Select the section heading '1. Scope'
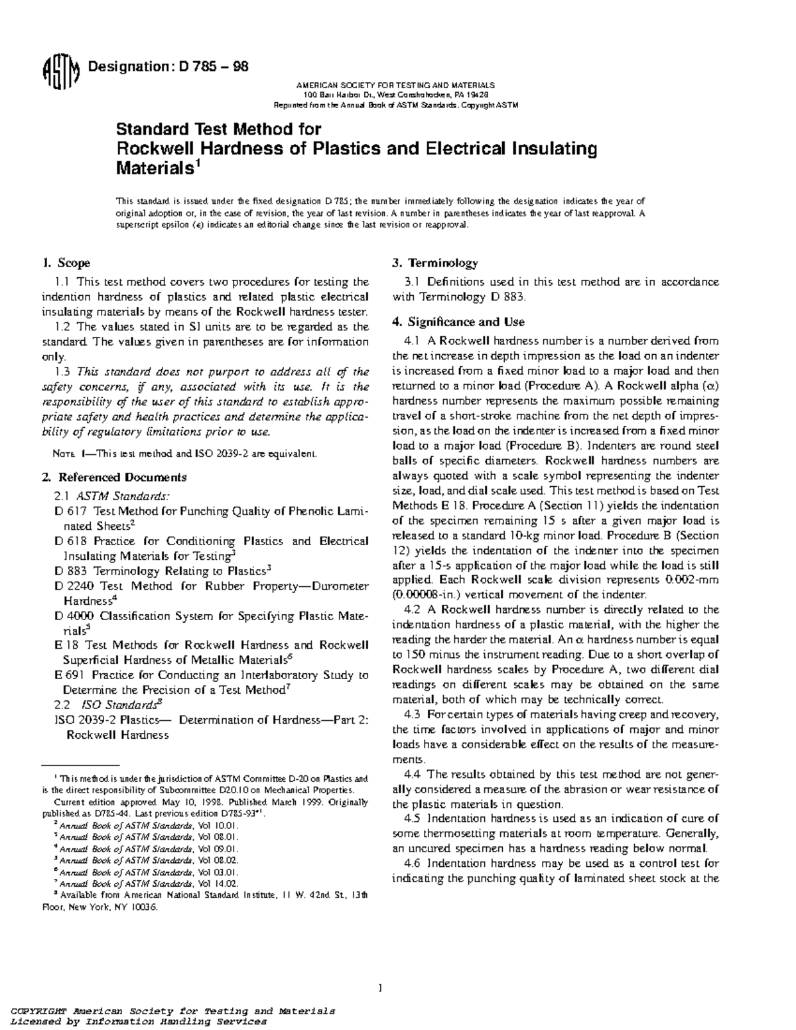[66, 263]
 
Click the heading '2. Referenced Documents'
[114, 477]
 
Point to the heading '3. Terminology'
[434, 263]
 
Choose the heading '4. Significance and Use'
[458, 322]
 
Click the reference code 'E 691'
[68, 675]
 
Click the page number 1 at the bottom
[380, 989]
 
